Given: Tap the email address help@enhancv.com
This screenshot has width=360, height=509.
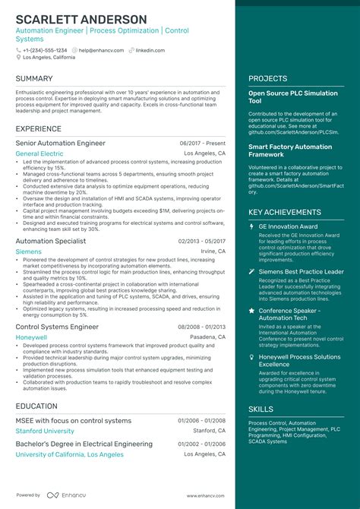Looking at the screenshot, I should point(100,50).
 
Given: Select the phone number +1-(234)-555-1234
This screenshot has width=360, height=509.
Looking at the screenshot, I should point(45,50).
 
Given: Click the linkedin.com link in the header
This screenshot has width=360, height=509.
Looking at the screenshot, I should point(150,50).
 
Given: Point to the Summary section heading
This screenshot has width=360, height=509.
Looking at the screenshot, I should point(34,79).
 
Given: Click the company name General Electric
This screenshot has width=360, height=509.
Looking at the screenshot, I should point(39,153).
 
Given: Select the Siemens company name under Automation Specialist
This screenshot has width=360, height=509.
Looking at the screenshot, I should point(29,251).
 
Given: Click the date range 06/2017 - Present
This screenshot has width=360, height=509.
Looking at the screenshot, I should point(203,143).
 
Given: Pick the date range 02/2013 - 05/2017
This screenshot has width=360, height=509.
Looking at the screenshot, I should point(202,241).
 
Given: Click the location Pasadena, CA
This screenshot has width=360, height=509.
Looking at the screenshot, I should point(207,337).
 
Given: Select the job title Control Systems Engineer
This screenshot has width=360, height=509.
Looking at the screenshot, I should point(57,327).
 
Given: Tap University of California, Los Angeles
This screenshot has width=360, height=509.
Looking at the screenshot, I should point(69,454).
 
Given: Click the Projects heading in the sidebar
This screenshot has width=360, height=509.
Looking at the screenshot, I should point(267,79).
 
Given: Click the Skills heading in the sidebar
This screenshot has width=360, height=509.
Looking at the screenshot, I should point(261,409).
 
